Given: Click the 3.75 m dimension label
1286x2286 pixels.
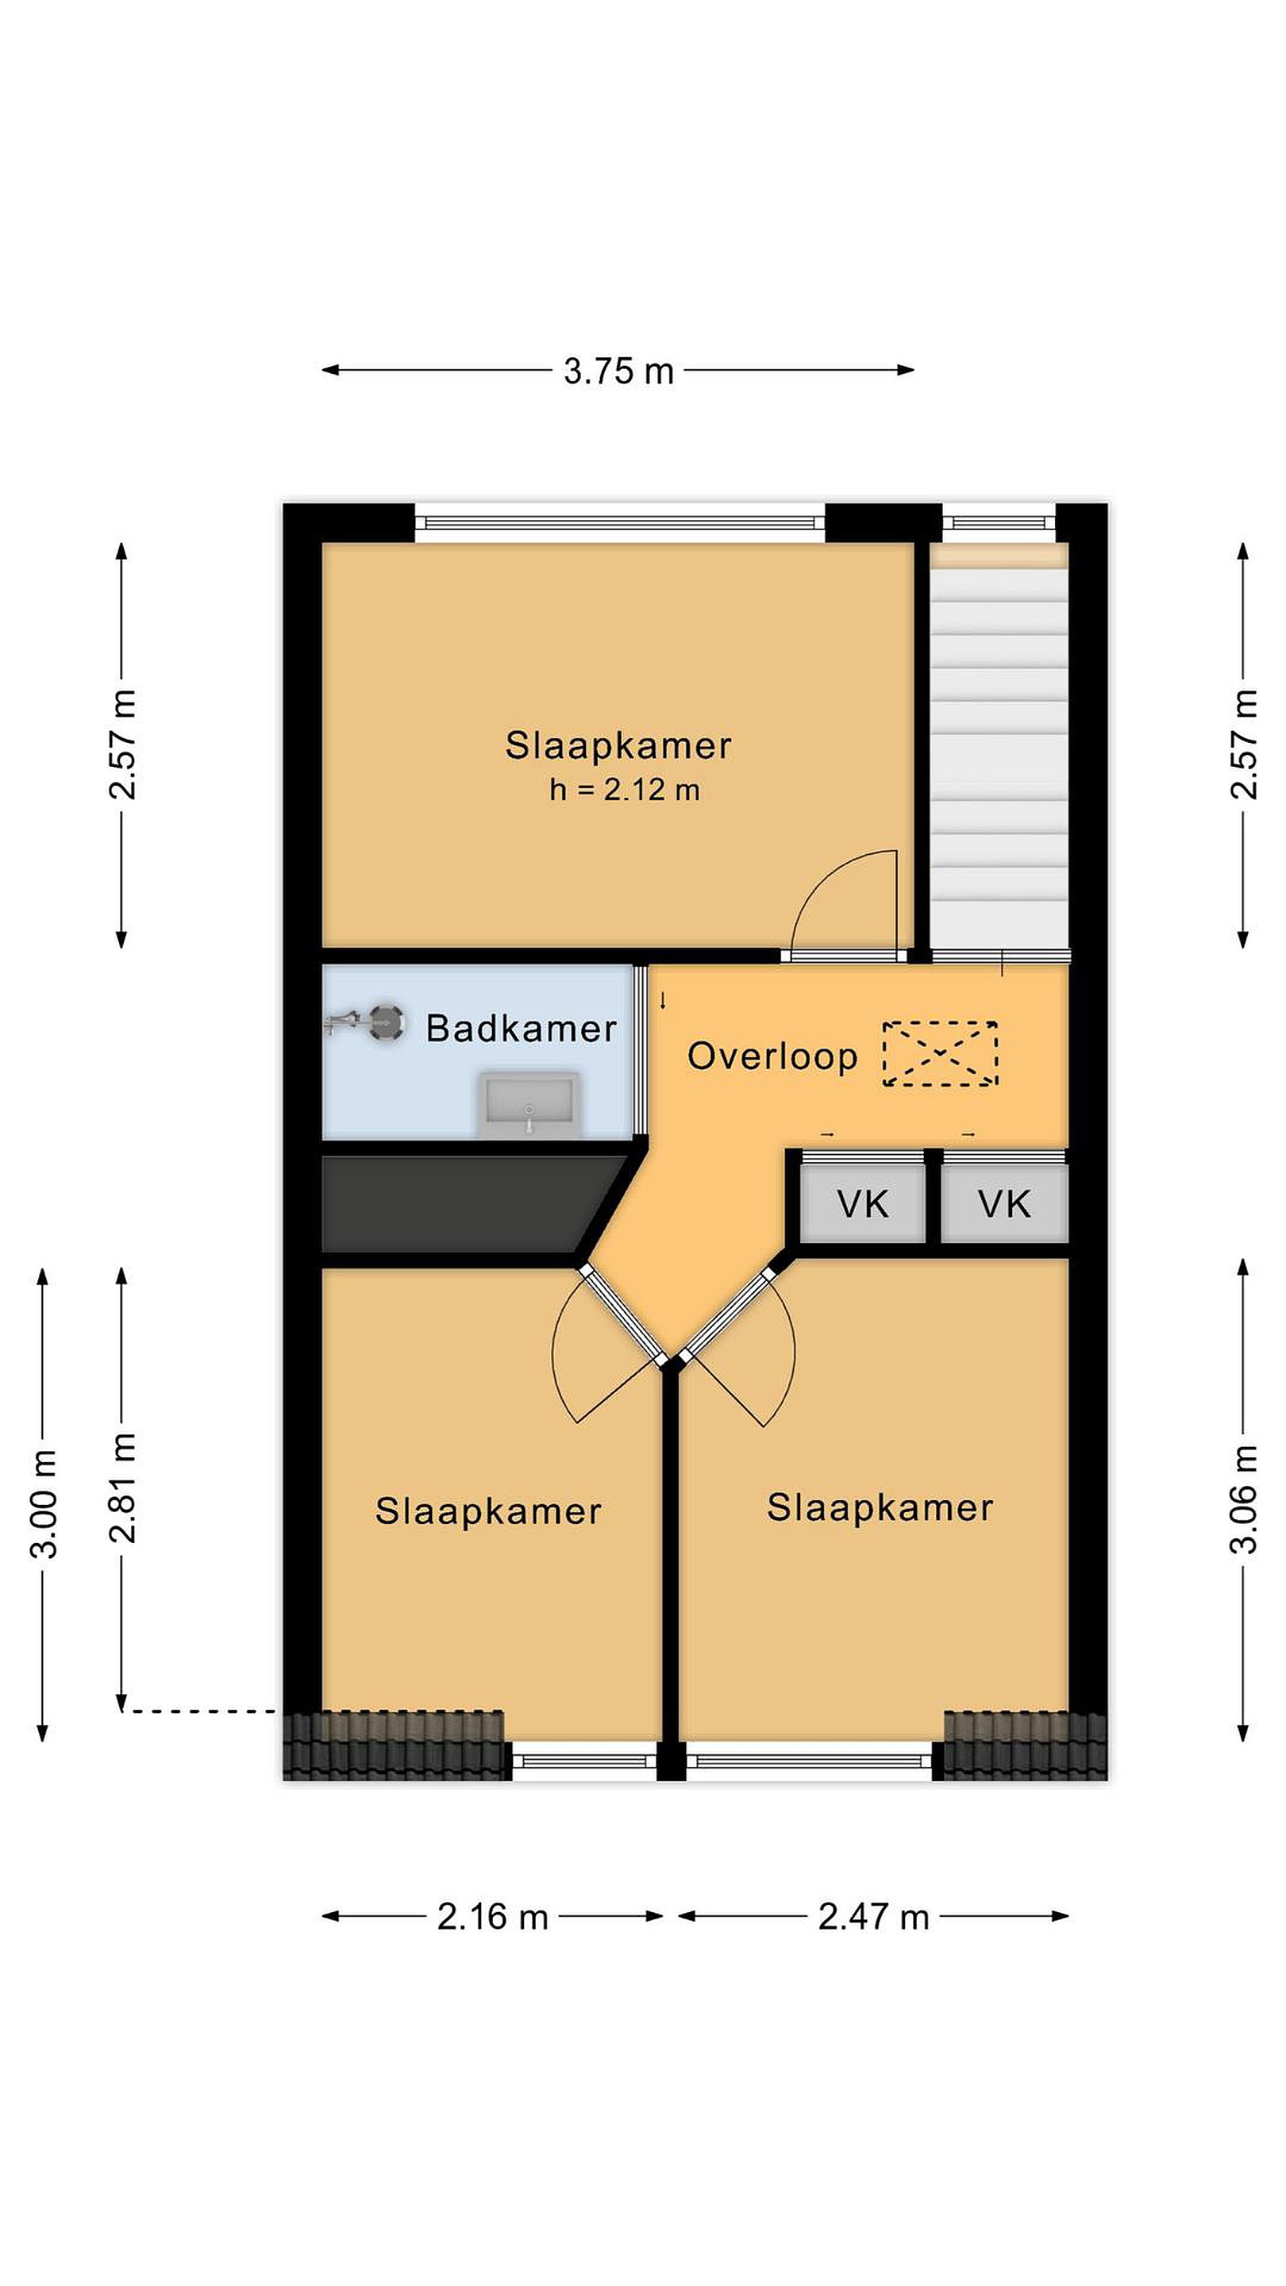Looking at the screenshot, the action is (x=618, y=371).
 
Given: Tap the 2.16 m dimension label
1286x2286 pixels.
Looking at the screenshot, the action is (x=491, y=1917).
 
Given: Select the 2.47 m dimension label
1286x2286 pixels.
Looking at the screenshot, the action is (x=873, y=1917).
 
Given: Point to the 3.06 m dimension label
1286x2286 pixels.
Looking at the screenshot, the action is (x=1243, y=1499).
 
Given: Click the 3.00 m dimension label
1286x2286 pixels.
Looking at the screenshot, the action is (x=44, y=1503).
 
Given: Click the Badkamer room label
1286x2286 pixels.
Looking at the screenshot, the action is (x=521, y=1029).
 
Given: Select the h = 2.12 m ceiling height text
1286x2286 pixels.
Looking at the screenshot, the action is (x=624, y=790).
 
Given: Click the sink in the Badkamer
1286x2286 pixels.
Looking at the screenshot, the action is (x=529, y=1105).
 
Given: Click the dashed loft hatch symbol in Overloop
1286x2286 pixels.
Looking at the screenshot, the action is (x=940, y=1053).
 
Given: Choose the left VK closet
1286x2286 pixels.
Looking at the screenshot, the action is (x=863, y=1203).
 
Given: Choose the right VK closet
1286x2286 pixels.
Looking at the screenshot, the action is (x=1003, y=1203).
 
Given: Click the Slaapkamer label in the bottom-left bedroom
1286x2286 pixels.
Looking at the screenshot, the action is (x=488, y=1511).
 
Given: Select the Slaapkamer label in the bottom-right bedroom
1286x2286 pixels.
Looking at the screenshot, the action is (x=880, y=1508).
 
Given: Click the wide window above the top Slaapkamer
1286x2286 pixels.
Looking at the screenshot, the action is (x=620, y=523).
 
